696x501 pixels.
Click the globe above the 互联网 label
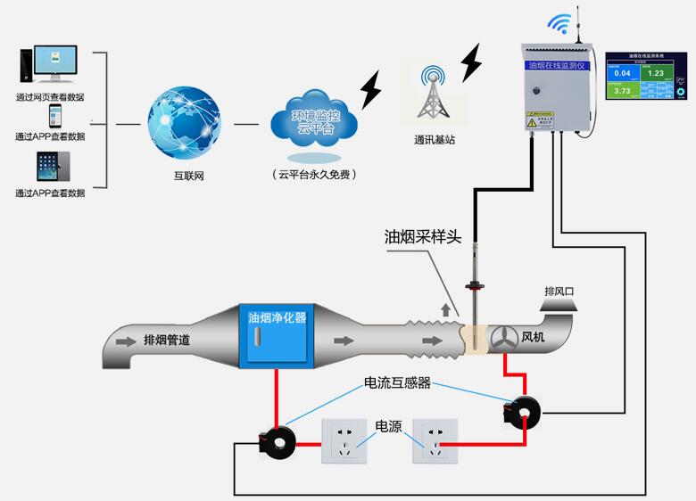[185, 121]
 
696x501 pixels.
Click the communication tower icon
[435, 93]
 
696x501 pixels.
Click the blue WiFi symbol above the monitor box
[559, 23]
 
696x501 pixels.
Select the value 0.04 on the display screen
[622, 73]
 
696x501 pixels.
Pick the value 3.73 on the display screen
[622, 90]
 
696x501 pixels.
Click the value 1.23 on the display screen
[656, 73]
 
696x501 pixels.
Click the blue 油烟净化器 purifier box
[277, 339]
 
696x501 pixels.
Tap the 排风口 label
[560, 292]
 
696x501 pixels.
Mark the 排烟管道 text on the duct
[166, 340]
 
